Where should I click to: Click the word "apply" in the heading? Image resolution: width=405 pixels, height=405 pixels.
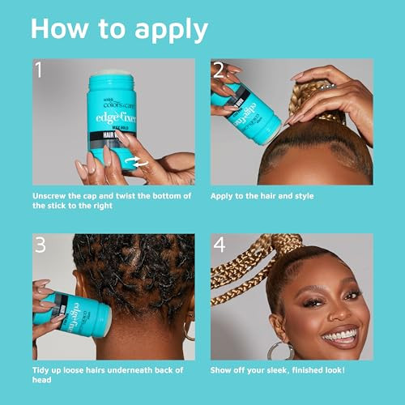(162, 30)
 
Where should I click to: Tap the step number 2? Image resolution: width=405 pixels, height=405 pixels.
(218, 70)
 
